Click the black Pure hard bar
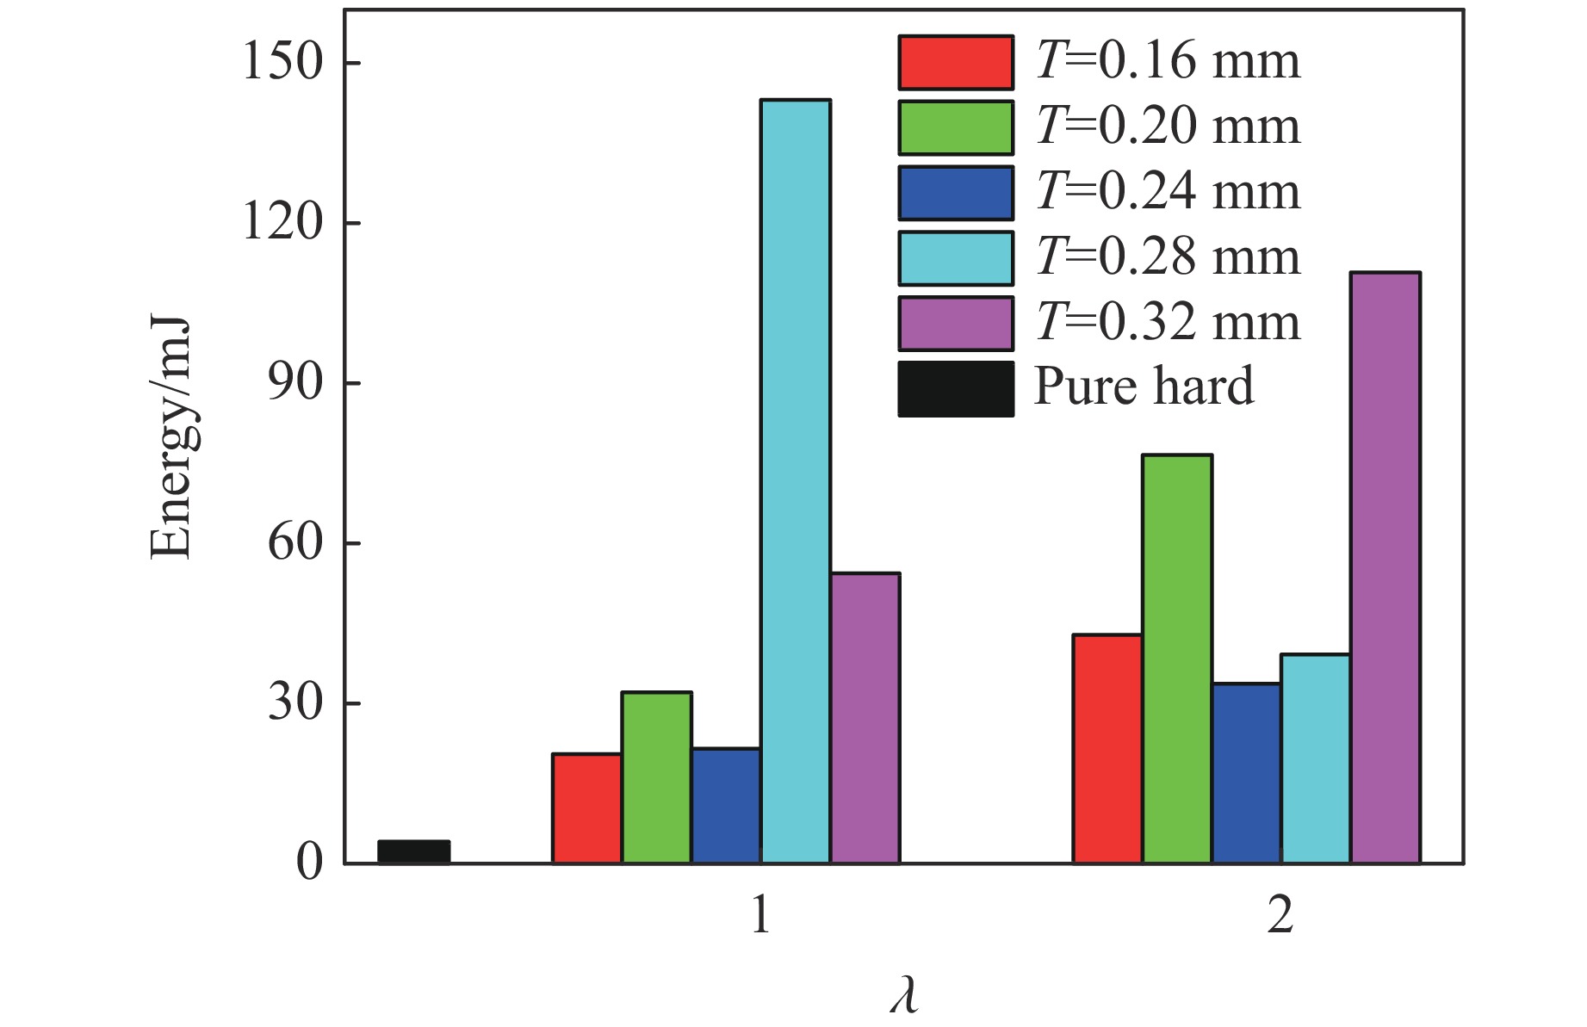coord(414,851)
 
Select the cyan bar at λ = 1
coord(796,482)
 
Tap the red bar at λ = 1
coord(586,808)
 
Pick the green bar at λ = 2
coord(1177,659)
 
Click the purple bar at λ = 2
coord(1385,568)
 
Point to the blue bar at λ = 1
coord(726,806)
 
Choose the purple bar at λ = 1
coord(865,718)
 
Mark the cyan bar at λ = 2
coord(1315,758)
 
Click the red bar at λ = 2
coord(1107,749)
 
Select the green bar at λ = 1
coord(656,777)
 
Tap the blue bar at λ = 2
coord(1246,773)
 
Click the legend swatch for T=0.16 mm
coord(956,63)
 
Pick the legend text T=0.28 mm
coord(1168,257)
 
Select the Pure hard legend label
coord(1144,387)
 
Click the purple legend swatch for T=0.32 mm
coord(956,324)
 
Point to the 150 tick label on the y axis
coord(283,62)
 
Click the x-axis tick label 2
coord(1280,916)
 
